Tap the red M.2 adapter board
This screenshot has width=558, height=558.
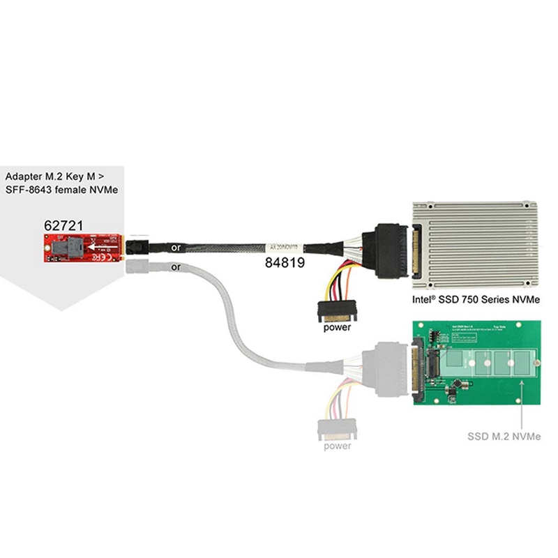click(x=83, y=247)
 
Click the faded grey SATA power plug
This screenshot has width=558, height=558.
click(x=337, y=428)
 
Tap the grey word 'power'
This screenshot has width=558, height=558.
click(x=337, y=446)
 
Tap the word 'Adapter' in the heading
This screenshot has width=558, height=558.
click(x=25, y=176)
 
